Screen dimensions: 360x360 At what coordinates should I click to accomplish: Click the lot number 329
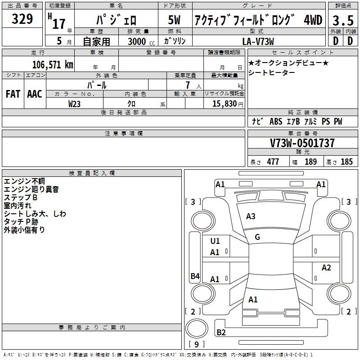[x=22, y=19]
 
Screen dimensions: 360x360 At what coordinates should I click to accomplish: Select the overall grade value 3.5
[x=342, y=20]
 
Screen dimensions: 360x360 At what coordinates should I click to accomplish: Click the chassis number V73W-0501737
[x=302, y=143]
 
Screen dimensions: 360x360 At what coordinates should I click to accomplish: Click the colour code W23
[x=74, y=103]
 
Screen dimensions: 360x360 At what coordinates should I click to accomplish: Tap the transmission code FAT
[x=13, y=94]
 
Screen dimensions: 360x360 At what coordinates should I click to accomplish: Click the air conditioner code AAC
[x=34, y=94]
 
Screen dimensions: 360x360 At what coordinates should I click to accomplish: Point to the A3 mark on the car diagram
[x=251, y=216]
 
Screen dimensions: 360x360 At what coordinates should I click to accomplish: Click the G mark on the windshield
[x=257, y=237]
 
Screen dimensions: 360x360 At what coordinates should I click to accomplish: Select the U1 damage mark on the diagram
[x=215, y=241]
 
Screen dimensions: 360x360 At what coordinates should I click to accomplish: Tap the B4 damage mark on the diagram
[x=195, y=276]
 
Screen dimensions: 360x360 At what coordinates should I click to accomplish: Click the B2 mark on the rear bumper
[x=221, y=333]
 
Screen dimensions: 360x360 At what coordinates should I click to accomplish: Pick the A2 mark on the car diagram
[x=326, y=268]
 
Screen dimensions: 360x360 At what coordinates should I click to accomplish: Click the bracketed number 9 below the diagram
[x=196, y=345]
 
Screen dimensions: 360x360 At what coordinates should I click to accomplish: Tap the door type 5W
[x=174, y=20]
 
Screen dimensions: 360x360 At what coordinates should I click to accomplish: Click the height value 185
[x=346, y=162]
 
